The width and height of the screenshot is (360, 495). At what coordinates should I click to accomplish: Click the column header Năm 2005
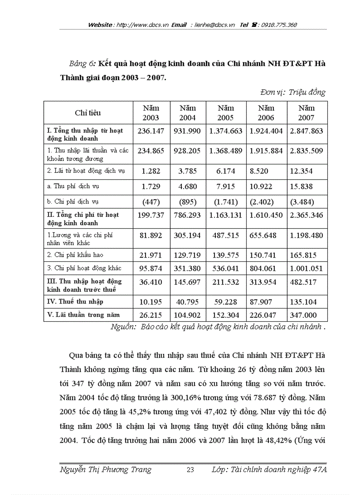point(225,113)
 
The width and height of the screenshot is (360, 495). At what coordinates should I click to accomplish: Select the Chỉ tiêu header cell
point(88,113)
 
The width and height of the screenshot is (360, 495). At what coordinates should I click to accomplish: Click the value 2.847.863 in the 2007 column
point(306,131)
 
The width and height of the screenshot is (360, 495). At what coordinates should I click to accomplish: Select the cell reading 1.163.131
point(225,215)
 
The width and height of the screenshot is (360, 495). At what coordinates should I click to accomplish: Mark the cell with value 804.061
point(266,268)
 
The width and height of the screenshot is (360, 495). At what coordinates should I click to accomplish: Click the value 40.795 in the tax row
point(188,302)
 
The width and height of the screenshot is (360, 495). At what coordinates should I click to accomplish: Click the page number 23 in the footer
point(191,469)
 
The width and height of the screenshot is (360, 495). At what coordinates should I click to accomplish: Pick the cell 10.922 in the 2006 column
point(266,186)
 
